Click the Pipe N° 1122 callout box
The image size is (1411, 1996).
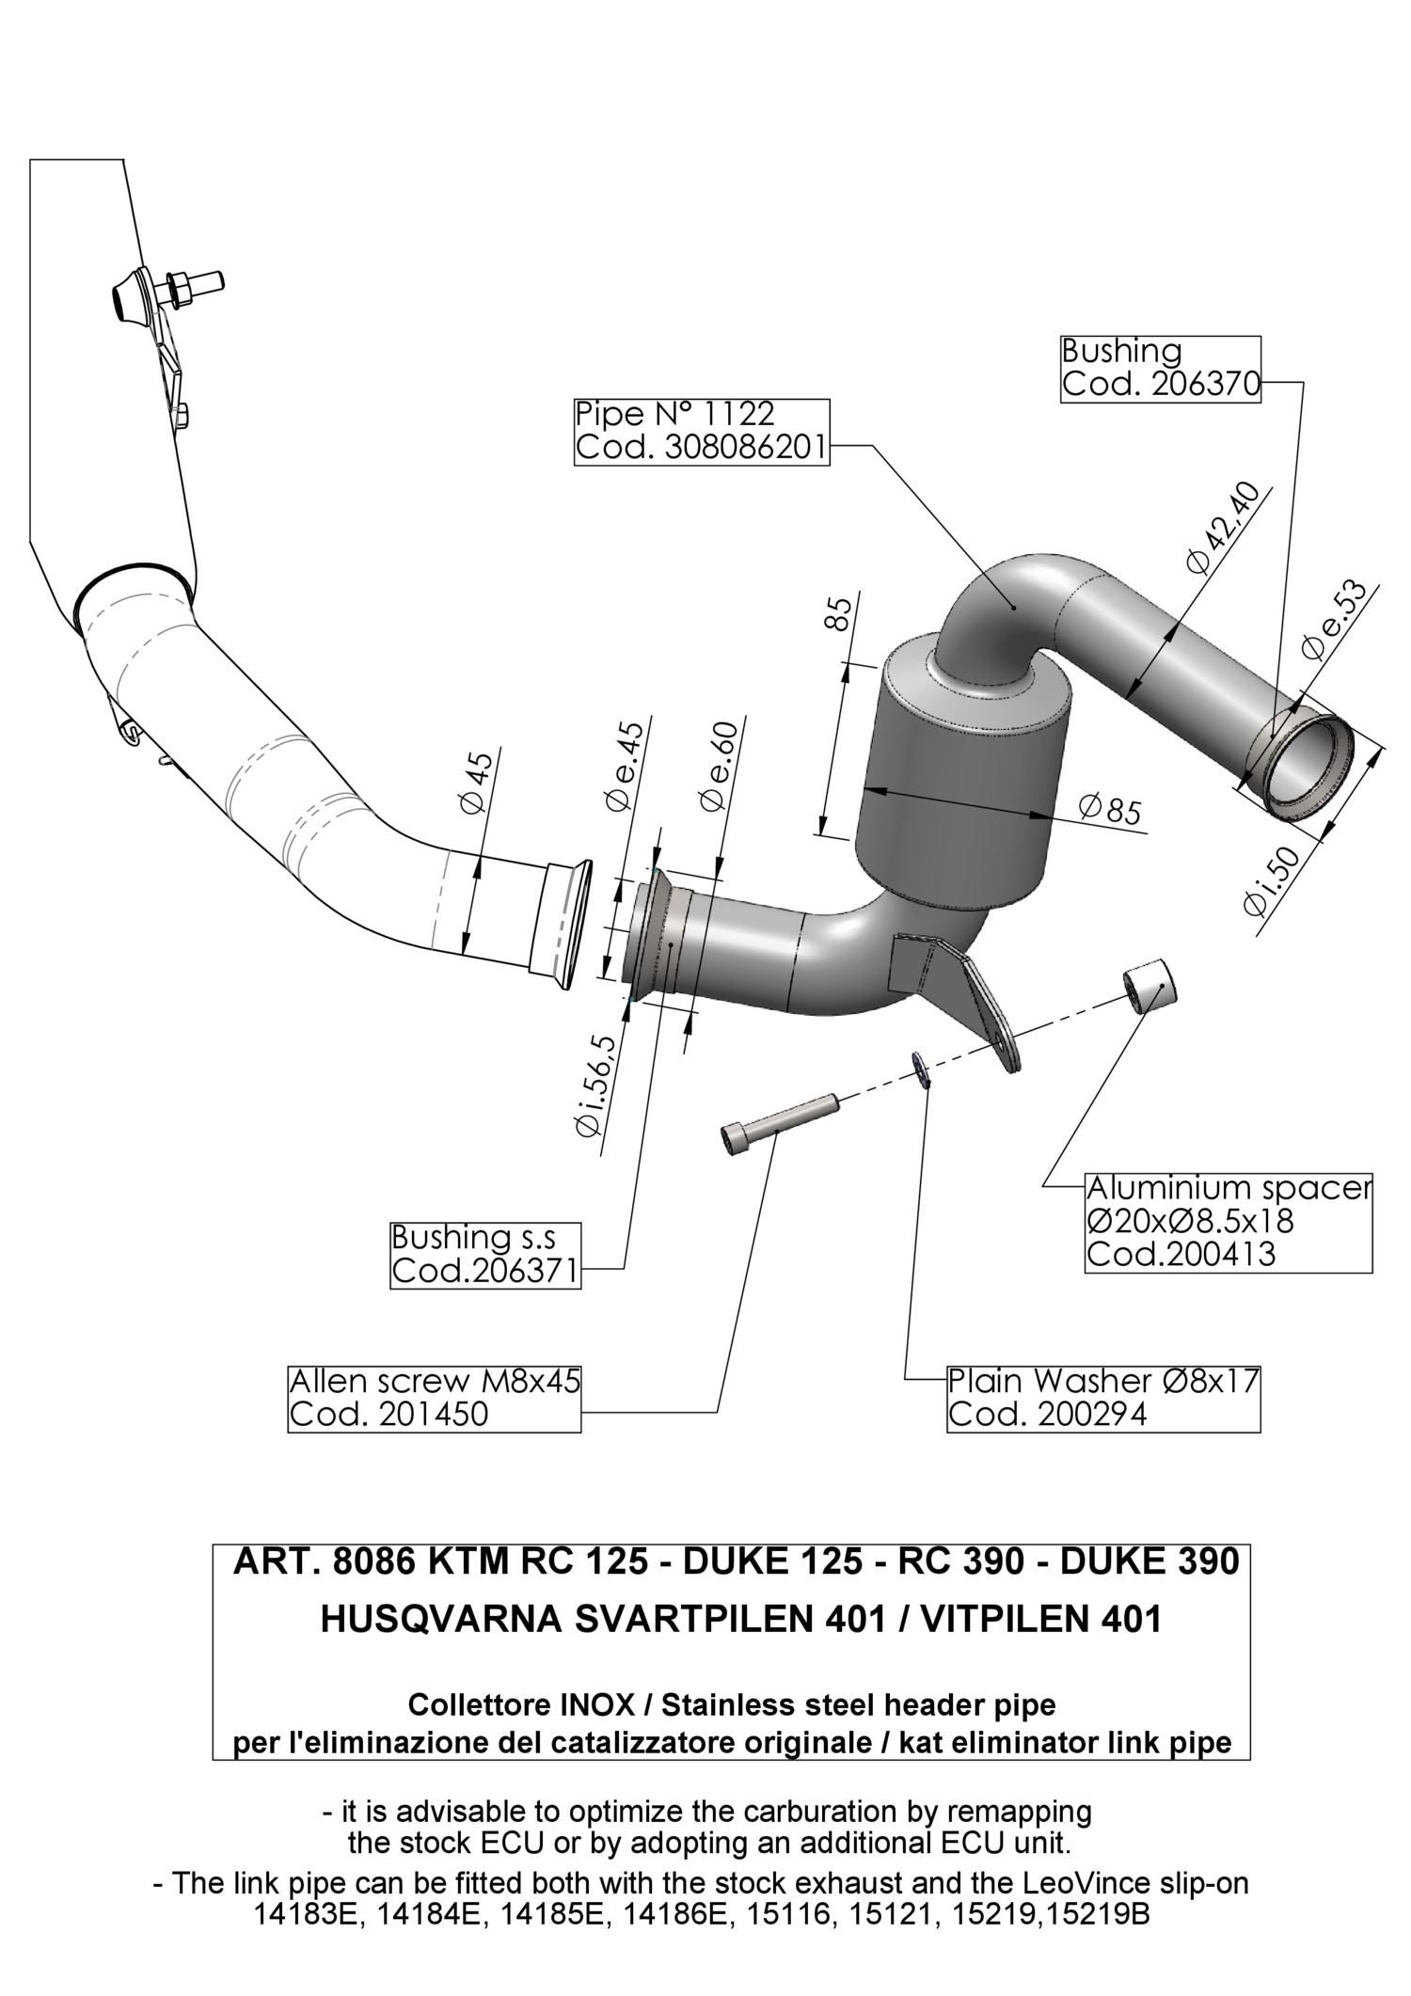coord(701,431)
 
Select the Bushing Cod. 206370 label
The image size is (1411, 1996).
coord(1159,369)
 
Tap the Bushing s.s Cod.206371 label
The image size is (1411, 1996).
coord(484,1255)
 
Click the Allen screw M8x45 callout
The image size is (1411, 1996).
coord(434,1398)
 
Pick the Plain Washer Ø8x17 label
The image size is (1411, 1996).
coord(1102,1398)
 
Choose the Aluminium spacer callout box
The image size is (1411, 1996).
coord(1228,1222)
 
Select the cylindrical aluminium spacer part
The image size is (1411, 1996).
coord(1150,987)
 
